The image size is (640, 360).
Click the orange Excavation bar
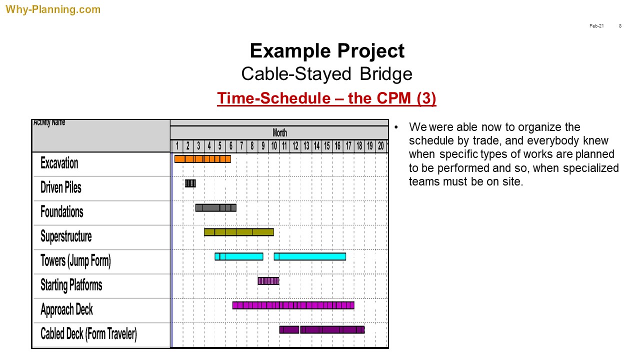pyautogui.click(x=202, y=159)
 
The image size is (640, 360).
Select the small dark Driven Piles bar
pyautogui.click(x=190, y=183)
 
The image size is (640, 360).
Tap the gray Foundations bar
pyautogui.click(x=215, y=207)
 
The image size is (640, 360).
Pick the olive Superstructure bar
pyautogui.click(x=239, y=232)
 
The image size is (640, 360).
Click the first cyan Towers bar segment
pyautogui.click(x=239, y=256)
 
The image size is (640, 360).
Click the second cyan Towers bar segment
pyautogui.click(x=309, y=256)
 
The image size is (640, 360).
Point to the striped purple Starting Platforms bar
pyautogui.click(x=268, y=281)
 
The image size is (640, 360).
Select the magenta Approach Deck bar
pyautogui.click(x=293, y=305)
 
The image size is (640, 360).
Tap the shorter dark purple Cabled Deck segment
pyautogui.click(x=289, y=329)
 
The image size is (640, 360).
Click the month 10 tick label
pyautogui.click(x=274, y=146)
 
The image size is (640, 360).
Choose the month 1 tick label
pyautogui.click(x=177, y=146)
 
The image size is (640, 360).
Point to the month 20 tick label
pyautogui.click(x=380, y=146)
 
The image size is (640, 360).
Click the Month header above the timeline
pyautogui.click(x=279, y=132)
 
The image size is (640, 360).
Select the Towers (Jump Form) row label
pyautogui.click(x=75, y=261)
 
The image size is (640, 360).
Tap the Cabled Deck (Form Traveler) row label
pyautogui.click(x=88, y=334)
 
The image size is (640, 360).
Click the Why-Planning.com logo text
pyautogui.click(x=53, y=9)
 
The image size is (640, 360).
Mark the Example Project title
pyautogui.click(x=327, y=51)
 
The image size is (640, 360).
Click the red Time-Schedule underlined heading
pyautogui.click(x=326, y=98)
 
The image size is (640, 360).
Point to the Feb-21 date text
pyautogui.click(x=596, y=25)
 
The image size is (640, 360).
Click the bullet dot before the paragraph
pyautogui.click(x=396, y=127)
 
